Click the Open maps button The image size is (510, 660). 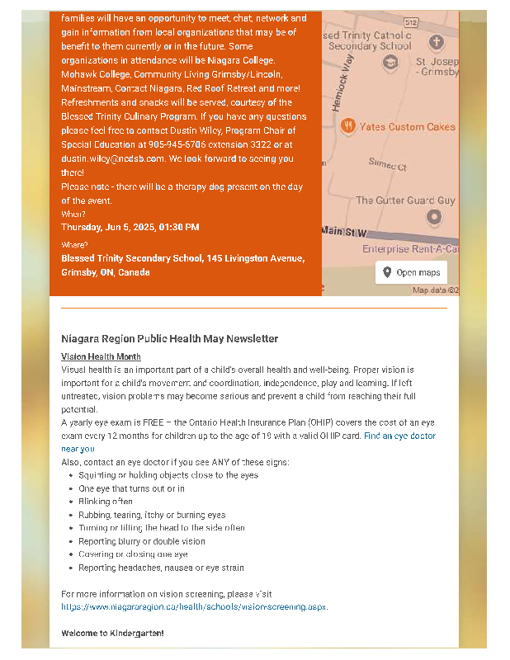pyautogui.click(x=411, y=272)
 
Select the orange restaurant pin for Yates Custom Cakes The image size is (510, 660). pyautogui.click(x=348, y=126)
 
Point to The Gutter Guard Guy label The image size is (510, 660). pyautogui.click(x=405, y=200)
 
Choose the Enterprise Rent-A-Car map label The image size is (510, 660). pyautogui.click(x=410, y=248)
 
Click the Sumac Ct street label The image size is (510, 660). pyautogui.click(x=387, y=166)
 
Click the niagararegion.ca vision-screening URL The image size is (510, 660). pyautogui.click(x=194, y=606)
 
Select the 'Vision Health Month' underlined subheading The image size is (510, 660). pyautogui.click(x=101, y=356)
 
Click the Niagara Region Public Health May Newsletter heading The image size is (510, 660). pyautogui.click(x=169, y=338)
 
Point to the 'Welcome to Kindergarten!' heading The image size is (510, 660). pyautogui.click(x=112, y=633)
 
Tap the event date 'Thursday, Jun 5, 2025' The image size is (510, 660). pyautogui.click(x=107, y=227)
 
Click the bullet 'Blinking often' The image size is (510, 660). pyautogui.click(x=106, y=502)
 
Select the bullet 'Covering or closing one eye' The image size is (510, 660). pyautogui.click(x=133, y=554)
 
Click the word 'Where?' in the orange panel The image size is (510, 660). pyautogui.click(x=73, y=245)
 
